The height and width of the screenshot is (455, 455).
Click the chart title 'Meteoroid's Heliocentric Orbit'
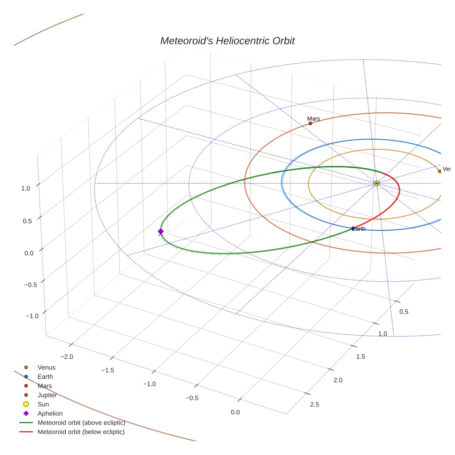pyautogui.click(x=227, y=41)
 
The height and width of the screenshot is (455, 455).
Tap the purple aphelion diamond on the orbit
pyautogui.click(x=160, y=232)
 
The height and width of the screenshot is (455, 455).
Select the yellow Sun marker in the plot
pyautogui.click(x=377, y=184)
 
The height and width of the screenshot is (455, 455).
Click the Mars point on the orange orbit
pyautogui.click(x=310, y=123)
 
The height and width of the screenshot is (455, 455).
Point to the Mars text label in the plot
pyautogui.click(x=314, y=119)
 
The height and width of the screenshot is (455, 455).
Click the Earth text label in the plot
pyautogui.click(x=359, y=229)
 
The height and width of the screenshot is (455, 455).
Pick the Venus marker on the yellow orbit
pyautogui.click(x=439, y=171)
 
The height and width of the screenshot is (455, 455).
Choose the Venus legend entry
pyautogui.click(x=46, y=368)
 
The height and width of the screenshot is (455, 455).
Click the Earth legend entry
pyautogui.click(x=45, y=377)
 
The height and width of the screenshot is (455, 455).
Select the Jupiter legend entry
pyautogui.click(x=47, y=395)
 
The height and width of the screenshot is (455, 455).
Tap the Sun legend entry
pyautogui.click(x=43, y=404)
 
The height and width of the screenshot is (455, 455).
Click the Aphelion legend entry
pyautogui.click(x=50, y=413)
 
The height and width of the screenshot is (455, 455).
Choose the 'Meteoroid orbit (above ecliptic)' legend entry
pyautogui.click(x=81, y=423)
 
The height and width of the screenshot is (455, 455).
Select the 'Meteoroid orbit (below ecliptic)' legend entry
pyautogui.click(x=81, y=432)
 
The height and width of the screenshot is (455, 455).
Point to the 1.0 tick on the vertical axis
pyautogui.click(x=25, y=189)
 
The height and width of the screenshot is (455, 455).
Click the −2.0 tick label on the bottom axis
pyautogui.click(x=67, y=357)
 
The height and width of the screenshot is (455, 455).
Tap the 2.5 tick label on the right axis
pyautogui.click(x=314, y=405)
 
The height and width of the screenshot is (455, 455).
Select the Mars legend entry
pyautogui.click(x=45, y=386)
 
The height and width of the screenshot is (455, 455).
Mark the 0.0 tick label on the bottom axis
pyautogui.click(x=235, y=412)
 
